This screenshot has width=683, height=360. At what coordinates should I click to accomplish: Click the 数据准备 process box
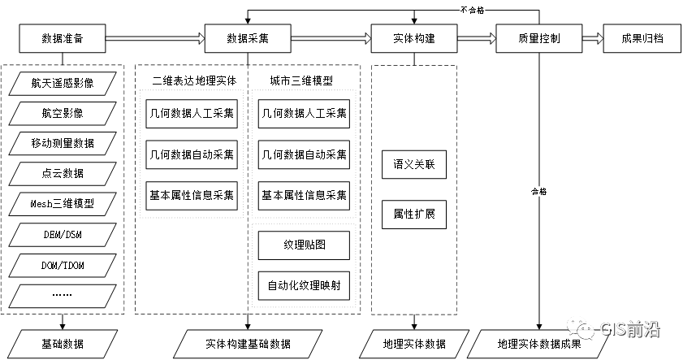[x=63, y=38]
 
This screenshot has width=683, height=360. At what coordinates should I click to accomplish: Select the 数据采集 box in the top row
[x=248, y=38]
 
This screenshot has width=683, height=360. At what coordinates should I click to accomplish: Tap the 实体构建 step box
[x=413, y=38]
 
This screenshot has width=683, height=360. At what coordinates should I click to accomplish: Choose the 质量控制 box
[x=538, y=38]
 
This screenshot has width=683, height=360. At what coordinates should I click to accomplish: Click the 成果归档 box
[x=642, y=38]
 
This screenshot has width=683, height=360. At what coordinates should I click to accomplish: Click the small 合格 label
[x=539, y=192]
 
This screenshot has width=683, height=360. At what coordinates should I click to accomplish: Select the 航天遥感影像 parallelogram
[x=63, y=83]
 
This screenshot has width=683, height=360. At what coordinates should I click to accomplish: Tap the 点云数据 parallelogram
[x=63, y=173]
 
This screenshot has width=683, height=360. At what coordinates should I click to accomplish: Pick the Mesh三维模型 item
[x=63, y=203]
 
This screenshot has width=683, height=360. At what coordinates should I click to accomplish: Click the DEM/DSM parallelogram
[x=63, y=234]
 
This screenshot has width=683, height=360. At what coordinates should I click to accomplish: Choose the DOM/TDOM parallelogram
[x=63, y=265]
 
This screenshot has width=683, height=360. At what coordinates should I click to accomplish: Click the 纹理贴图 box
[x=304, y=245]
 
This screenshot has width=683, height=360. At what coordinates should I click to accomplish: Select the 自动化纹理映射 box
[x=304, y=285]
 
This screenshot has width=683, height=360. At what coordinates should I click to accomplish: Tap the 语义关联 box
[x=414, y=165]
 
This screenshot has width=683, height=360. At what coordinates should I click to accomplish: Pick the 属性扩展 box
[x=414, y=214]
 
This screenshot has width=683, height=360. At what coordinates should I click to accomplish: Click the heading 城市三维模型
[x=301, y=80]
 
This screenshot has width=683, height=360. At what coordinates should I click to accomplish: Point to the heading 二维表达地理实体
[x=193, y=80]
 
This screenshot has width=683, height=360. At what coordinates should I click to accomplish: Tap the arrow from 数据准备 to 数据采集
[x=155, y=38]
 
